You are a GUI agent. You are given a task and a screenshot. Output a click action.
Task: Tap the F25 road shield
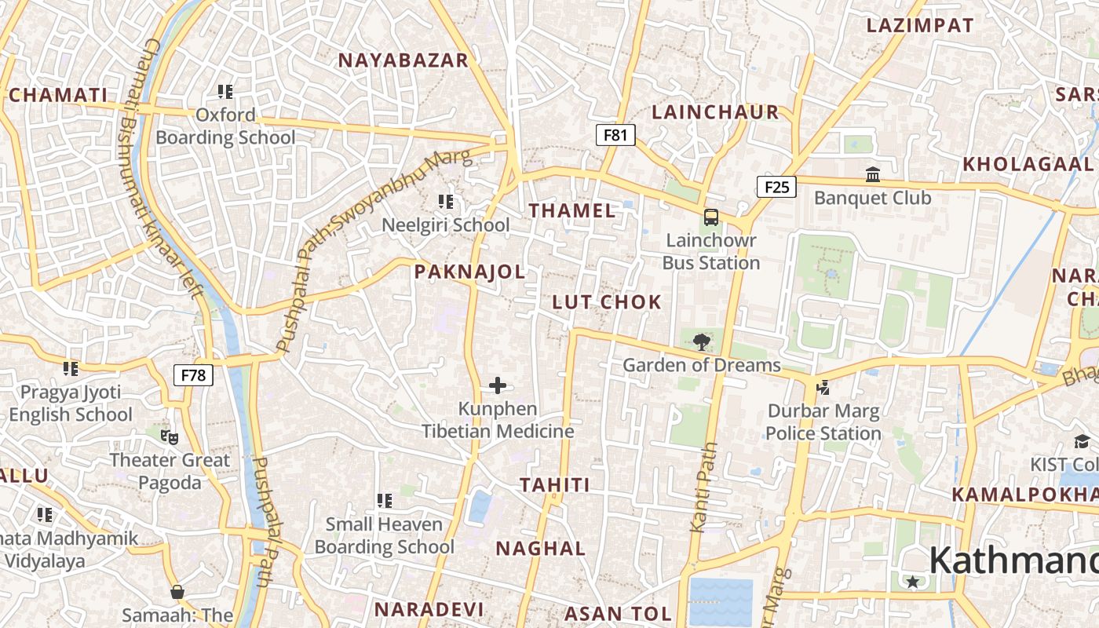[x=776, y=186]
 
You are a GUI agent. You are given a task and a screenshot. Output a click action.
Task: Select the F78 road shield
[x=193, y=374]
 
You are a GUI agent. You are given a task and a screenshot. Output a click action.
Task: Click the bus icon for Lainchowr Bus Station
[x=710, y=217]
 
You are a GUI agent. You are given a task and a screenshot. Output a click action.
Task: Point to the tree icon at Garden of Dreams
[x=701, y=341]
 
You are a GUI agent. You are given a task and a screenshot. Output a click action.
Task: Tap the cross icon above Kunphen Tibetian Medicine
[x=498, y=385]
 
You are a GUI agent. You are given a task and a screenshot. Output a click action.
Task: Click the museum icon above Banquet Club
[x=872, y=174]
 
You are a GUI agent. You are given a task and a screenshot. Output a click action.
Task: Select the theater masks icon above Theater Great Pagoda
[x=169, y=436]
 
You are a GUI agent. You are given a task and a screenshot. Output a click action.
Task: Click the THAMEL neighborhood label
[x=572, y=210]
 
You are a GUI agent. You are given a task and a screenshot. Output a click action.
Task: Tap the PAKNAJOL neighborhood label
[x=469, y=272]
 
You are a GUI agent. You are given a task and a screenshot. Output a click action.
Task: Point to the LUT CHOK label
[x=607, y=302]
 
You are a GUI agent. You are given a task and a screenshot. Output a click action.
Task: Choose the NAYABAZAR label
[x=403, y=60]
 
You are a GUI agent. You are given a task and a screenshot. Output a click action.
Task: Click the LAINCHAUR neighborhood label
[x=715, y=112]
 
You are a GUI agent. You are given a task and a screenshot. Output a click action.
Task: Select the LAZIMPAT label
[x=919, y=25]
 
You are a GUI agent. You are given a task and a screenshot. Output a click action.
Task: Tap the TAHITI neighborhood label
[x=554, y=485]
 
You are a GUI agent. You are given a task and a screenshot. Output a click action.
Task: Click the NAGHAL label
[x=541, y=549]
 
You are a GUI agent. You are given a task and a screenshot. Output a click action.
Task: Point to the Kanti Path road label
[x=704, y=487]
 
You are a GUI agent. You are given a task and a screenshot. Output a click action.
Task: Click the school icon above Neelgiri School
[x=446, y=202]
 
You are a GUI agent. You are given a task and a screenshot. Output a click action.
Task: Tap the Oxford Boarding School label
[x=225, y=126]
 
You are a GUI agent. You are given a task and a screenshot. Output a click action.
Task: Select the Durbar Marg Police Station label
[x=823, y=422]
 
